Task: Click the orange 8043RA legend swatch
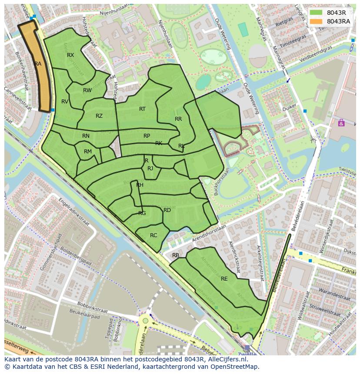(316, 21)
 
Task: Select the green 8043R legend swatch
(316, 13)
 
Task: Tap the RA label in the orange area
(38, 64)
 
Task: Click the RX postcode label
(70, 55)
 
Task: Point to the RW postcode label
(87, 90)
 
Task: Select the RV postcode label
(65, 102)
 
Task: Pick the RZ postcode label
(99, 116)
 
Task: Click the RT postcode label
(142, 109)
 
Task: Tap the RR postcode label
(178, 119)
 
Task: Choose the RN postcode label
(86, 136)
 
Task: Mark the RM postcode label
(88, 152)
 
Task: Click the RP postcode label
(147, 136)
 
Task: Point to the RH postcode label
(140, 185)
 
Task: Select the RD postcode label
(167, 210)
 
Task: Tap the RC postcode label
(153, 235)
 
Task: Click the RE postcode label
(224, 279)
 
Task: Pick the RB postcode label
(176, 255)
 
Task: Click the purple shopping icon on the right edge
(341, 123)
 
